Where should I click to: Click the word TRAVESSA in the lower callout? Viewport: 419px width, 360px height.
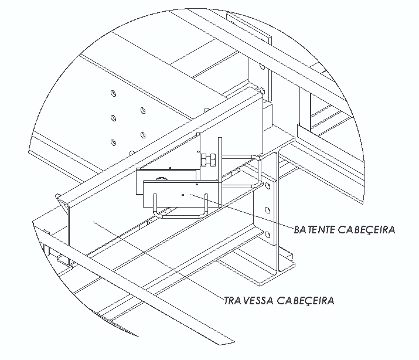248,300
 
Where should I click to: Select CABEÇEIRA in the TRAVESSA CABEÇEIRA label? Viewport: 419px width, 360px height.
305,301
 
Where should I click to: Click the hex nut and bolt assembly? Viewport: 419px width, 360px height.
209,160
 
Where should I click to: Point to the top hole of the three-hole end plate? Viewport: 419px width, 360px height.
267,185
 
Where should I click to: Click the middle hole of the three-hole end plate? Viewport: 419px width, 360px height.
267,210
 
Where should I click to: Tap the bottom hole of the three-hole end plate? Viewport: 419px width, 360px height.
267,235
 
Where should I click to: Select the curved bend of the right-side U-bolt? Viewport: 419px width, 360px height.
258,171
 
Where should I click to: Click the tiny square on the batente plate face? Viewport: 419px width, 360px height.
183,195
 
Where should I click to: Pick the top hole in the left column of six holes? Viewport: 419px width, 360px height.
114,93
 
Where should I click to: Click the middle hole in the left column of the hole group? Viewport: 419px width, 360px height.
113,118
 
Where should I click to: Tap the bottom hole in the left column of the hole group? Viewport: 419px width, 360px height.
114,142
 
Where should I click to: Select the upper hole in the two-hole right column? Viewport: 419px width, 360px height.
143,110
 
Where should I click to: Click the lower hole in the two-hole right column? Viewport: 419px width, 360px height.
143,135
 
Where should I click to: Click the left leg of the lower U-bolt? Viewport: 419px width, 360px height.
155,205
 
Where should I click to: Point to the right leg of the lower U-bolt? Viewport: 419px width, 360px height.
206,205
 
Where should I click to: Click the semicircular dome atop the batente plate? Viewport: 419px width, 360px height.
160,178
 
